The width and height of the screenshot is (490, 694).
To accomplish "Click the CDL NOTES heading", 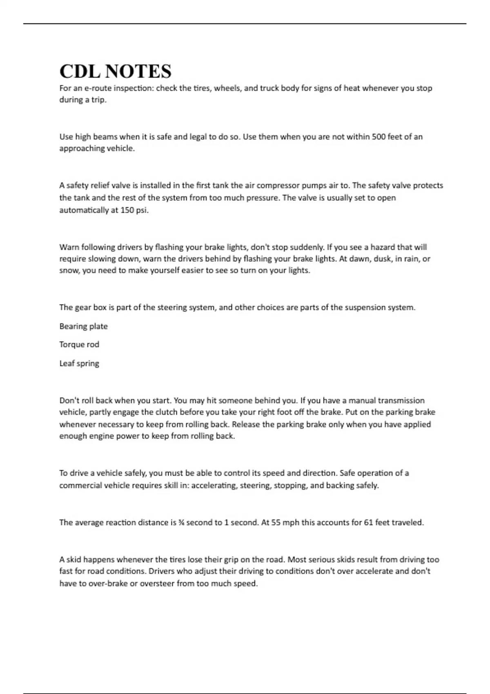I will point(115,71).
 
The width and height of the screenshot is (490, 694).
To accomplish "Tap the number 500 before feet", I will point(379,137).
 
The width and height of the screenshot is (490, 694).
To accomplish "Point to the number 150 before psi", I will point(127,211).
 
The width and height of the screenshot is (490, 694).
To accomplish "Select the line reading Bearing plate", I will point(83,326).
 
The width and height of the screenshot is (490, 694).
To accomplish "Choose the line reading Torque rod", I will point(79,345).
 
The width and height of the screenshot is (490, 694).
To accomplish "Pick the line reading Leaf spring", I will point(79,363).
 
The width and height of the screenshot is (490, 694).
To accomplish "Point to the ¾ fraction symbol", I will point(181,523).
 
